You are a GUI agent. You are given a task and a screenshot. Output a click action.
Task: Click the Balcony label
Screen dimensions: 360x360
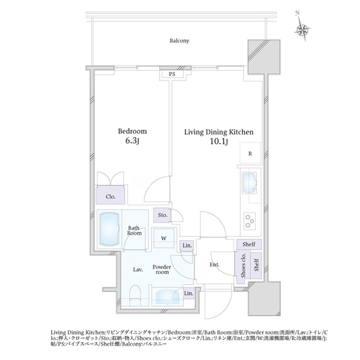[x=179, y=41]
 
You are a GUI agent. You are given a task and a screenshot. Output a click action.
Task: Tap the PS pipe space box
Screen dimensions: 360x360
[x=172, y=74]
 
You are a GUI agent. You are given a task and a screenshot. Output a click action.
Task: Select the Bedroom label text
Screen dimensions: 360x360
[x=132, y=131]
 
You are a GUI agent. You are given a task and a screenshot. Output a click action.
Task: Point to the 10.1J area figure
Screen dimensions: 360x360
[x=219, y=142]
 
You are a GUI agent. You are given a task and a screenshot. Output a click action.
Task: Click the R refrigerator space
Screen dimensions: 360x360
[x=250, y=154]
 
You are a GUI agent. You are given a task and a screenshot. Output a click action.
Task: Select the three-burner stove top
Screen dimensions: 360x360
[x=250, y=220]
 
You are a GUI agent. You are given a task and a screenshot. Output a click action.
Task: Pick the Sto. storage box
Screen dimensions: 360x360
[x=162, y=215]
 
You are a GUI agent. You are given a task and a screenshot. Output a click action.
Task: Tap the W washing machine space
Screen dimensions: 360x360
[x=164, y=238]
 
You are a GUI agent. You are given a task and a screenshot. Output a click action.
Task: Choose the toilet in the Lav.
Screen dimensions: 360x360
[x=135, y=295]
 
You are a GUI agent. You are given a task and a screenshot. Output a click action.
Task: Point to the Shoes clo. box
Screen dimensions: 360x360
[x=242, y=265]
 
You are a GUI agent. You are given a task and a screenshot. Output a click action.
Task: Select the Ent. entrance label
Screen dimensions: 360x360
[x=214, y=265]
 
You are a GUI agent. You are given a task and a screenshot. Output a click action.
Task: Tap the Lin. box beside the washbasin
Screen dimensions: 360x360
[x=189, y=293]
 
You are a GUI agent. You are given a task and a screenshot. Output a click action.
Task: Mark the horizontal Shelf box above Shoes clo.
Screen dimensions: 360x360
[x=249, y=245]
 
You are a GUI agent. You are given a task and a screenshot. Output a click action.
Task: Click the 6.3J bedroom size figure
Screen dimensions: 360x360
[x=132, y=141]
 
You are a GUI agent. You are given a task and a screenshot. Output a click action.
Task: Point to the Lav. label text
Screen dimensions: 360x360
[x=138, y=269]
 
